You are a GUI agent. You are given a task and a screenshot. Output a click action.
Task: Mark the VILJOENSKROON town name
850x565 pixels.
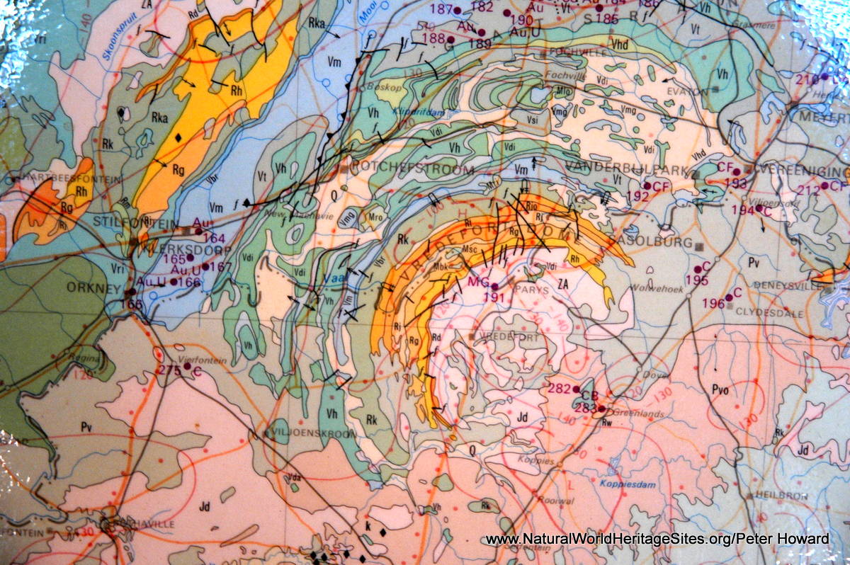[305, 433]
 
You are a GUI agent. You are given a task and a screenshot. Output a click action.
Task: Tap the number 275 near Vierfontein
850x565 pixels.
[170, 369]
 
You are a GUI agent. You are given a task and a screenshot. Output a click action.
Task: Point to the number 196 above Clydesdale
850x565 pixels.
[713, 303]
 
